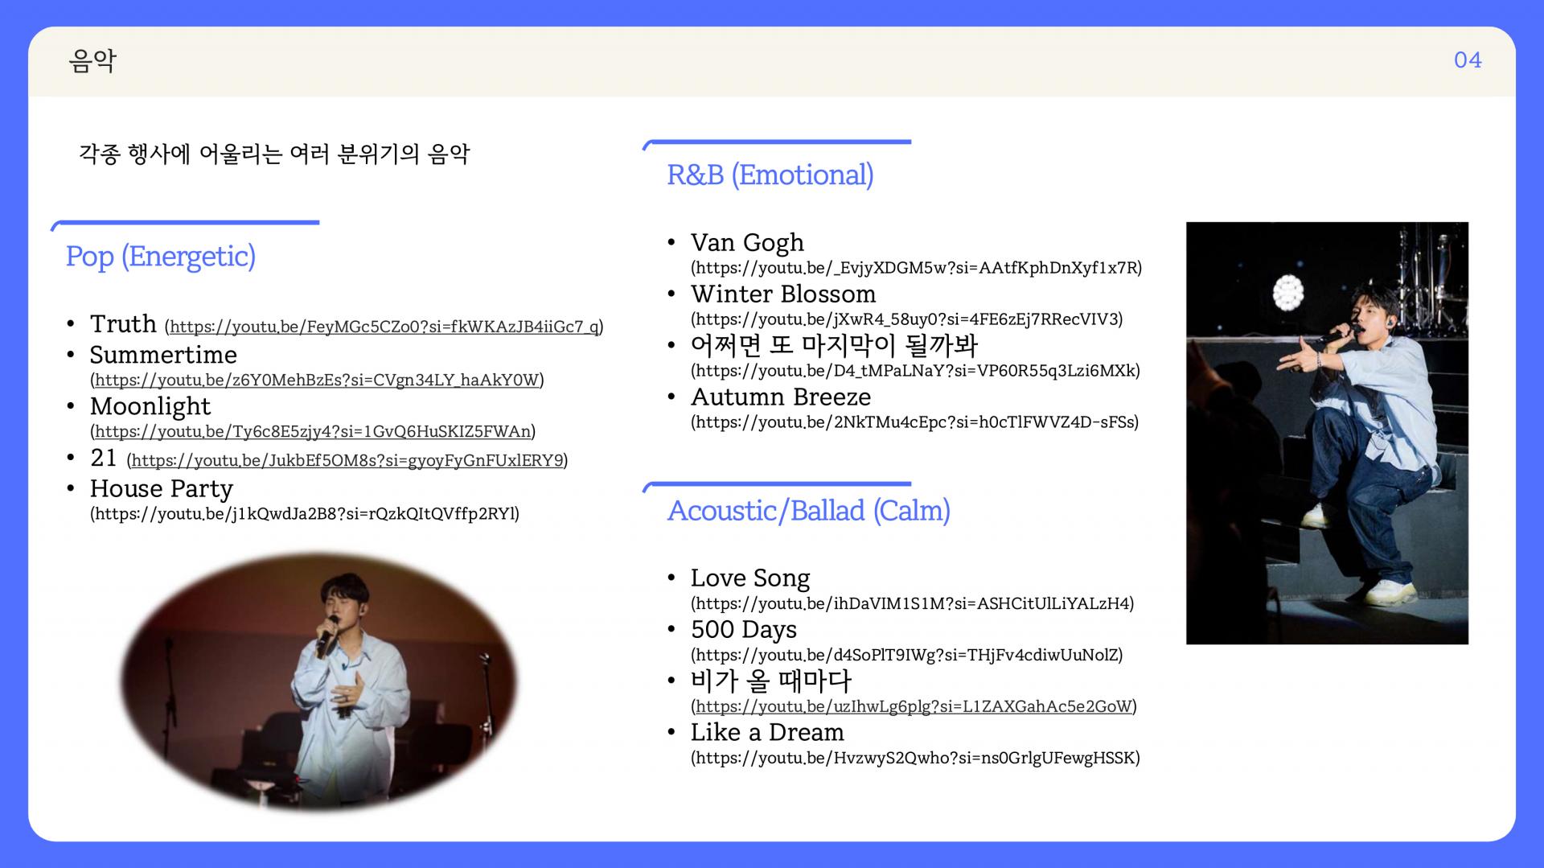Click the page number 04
click(x=1468, y=60)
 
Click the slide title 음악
click(x=92, y=60)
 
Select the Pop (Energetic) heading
click(x=161, y=257)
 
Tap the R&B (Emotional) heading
click(x=770, y=175)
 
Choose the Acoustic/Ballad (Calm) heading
click(x=808, y=511)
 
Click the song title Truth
click(x=123, y=323)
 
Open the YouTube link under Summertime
click(x=317, y=380)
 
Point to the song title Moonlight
click(x=150, y=406)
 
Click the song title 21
click(x=104, y=458)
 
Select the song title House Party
click(x=162, y=488)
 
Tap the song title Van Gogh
click(x=747, y=242)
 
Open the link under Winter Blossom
click(x=907, y=319)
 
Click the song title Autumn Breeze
click(x=781, y=397)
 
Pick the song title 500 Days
click(x=744, y=629)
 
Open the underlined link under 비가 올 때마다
click(x=914, y=706)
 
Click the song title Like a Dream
click(x=767, y=732)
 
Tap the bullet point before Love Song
click(x=671, y=578)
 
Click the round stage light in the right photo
click(x=1288, y=292)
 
